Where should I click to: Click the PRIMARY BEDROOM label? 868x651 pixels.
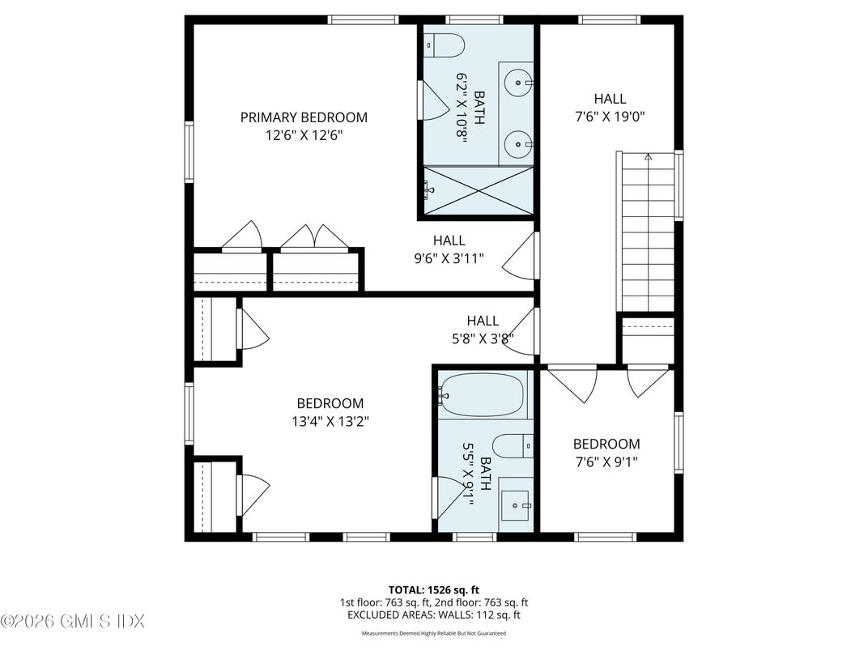pos(304,117)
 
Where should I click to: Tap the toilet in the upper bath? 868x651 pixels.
pos(446,45)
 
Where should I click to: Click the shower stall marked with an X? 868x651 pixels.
pos(478,192)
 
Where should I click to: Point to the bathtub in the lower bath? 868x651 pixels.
pos(483,395)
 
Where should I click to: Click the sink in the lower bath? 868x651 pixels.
pos(515,506)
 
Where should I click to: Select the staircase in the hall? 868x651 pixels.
pos(647,235)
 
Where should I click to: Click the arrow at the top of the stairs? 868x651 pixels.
pos(647,157)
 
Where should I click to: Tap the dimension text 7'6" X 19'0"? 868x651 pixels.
pos(609,115)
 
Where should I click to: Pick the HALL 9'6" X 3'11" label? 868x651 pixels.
pos(449,249)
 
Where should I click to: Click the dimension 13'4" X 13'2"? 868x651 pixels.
pos(330,420)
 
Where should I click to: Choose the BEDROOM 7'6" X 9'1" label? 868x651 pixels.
pos(606,452)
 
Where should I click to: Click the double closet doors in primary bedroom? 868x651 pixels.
pos(314,237)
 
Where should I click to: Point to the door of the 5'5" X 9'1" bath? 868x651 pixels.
pos(446,497)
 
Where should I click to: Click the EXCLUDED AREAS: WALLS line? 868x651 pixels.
pos(434,615)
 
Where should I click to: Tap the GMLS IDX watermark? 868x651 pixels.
pos(73,621)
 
